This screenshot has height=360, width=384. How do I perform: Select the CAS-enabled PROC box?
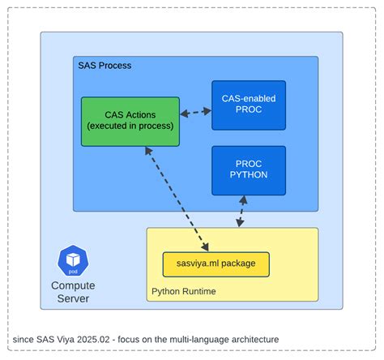[249, 105]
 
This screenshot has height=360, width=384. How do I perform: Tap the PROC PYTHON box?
[249, 169]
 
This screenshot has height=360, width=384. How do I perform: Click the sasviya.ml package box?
[215, 264]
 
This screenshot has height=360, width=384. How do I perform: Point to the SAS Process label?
[105, 66]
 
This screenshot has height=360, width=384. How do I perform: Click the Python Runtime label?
[184, 291]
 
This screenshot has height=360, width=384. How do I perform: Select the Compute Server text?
[73, 292]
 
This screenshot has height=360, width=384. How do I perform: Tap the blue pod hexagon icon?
[72, 259]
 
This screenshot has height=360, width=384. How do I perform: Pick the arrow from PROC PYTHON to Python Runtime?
[241, 212]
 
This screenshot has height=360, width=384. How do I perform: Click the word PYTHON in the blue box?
[249, 175]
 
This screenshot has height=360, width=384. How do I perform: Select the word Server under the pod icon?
[73, 298]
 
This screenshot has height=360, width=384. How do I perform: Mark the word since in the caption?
[24, 338]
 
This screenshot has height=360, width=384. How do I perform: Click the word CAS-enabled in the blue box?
[249, 98]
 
